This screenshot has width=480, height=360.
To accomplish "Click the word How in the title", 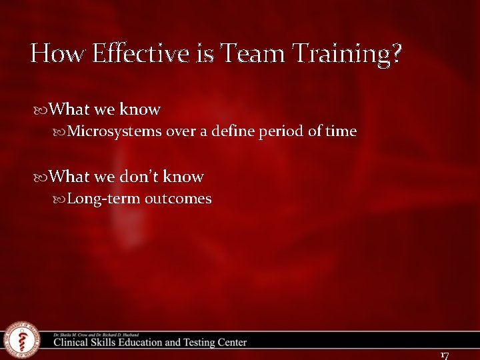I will coord(53,53).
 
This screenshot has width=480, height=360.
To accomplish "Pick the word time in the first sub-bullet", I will coord(341,131).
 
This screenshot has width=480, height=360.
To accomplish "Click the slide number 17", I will coord(445,355).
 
